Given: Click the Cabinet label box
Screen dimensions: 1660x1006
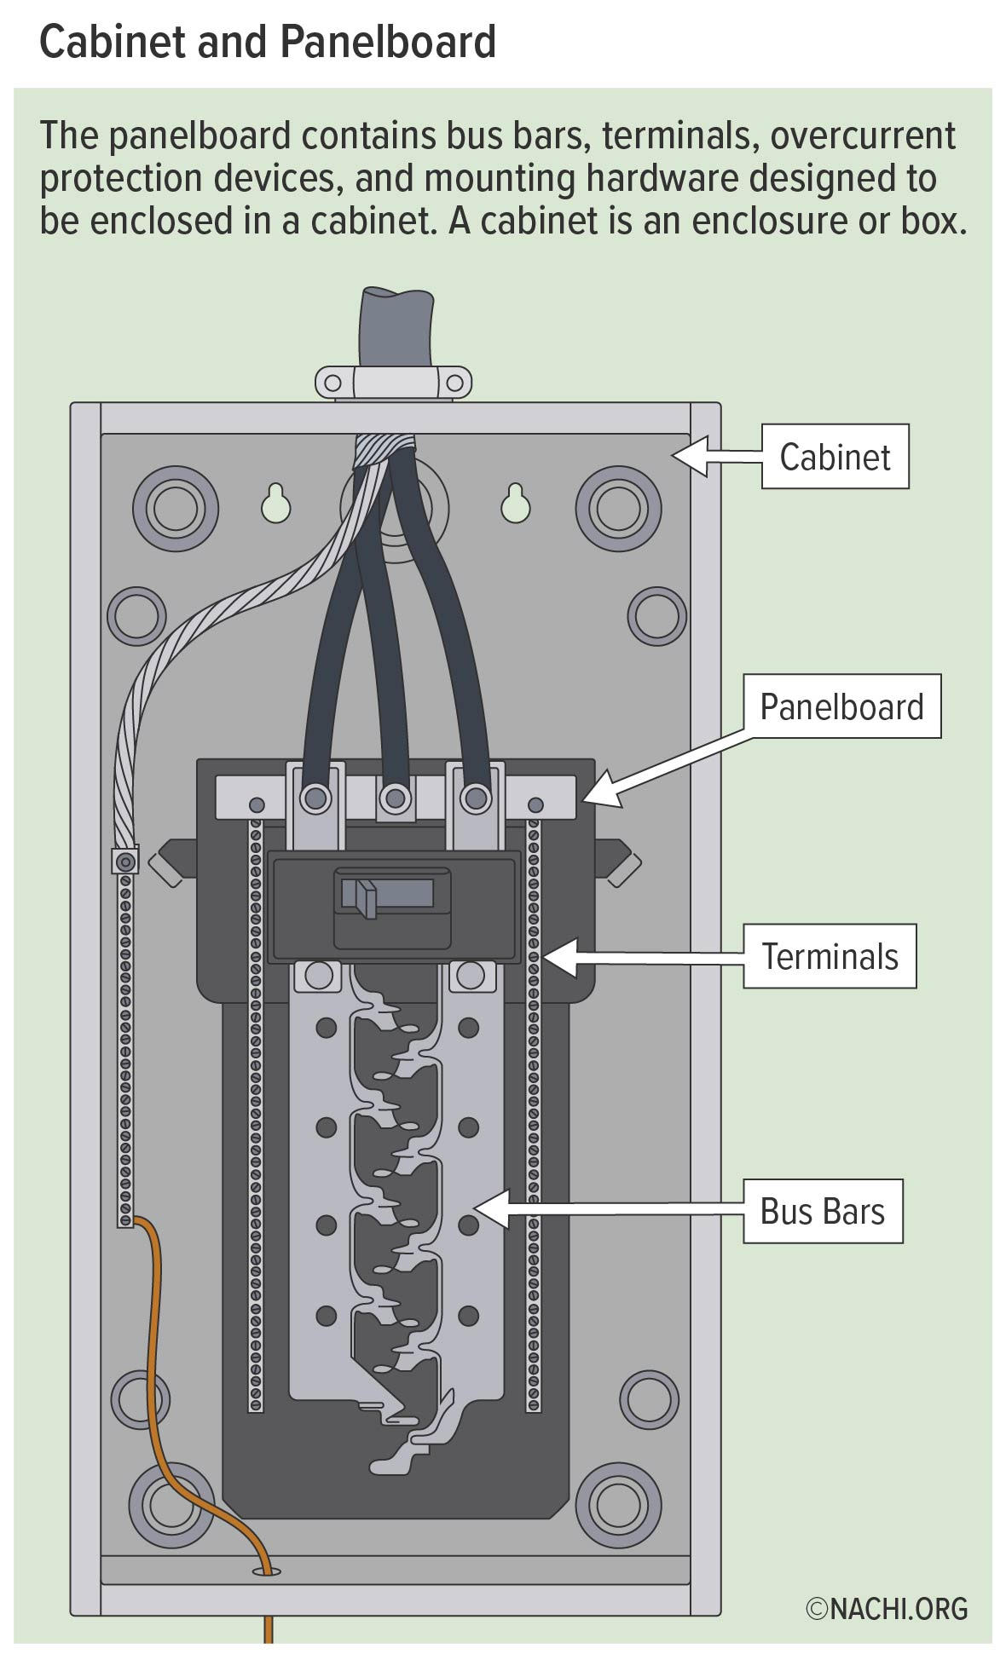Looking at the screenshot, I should pos(834,457).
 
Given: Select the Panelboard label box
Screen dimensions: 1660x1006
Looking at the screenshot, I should pos(841,706).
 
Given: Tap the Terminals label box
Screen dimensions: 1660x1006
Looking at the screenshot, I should pos(829,956).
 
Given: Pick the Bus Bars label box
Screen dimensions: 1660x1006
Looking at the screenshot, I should pos(822,1211).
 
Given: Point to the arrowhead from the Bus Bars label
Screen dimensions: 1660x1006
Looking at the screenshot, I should pos(490,1209).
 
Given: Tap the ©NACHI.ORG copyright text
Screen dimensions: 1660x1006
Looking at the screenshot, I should pos(887,1608).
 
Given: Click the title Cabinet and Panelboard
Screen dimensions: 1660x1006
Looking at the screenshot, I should pos(268,41).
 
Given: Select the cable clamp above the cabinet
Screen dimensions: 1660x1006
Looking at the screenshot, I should pos(393,382).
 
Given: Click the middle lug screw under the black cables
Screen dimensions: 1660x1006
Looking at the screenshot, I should pos(394,798).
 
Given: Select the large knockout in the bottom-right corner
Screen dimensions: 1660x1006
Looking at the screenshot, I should pos(618,1507).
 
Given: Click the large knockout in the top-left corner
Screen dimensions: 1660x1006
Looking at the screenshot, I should pos(181,510).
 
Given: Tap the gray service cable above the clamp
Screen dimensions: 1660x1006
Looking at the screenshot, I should pos(396,328).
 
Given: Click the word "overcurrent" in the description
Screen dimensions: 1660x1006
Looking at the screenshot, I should pos(864,136).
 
